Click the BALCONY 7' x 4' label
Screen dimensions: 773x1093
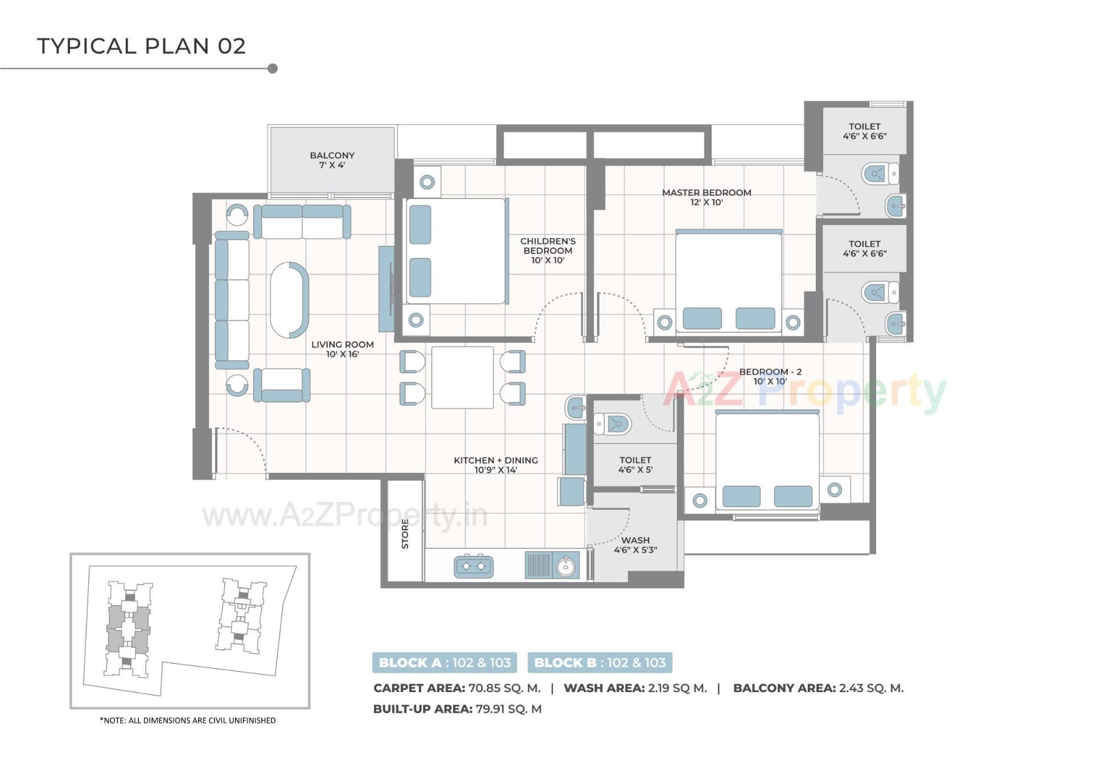click(332, 160)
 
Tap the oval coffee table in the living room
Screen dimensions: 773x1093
click(289, 300)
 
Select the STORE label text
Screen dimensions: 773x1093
click(405, 534)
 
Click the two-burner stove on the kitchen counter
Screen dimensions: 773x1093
click(474, 566)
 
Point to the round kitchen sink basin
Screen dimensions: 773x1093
click(566, 567)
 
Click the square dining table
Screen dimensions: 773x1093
click(462, 377)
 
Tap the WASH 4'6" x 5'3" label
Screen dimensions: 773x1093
click(635, 545)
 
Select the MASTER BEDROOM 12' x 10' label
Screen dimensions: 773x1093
click(706, 197)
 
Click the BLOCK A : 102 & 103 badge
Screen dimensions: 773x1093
click(445, 662)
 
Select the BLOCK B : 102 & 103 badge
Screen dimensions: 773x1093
click(599, 662)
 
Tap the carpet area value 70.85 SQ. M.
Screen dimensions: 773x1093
click(504, 688)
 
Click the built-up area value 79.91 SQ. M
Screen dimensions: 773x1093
click(508, 709)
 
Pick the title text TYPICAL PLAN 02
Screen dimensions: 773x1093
click(141, 46)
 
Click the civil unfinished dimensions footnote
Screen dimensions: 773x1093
click(188, 721)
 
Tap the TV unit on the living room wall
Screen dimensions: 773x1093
click(386, 289)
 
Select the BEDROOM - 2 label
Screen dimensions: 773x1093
click(770, 376)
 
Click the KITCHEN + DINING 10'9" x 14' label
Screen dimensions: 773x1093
click(495, 465)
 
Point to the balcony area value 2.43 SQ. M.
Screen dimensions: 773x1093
click(870, 688)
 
